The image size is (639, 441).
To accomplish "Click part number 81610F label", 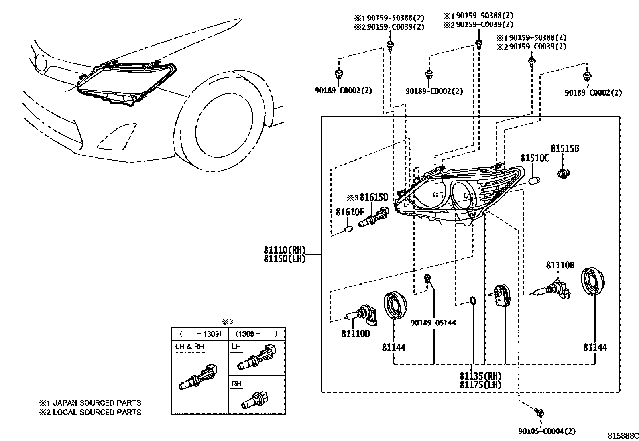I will [350, 212].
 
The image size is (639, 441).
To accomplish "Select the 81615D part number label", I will [374, 197].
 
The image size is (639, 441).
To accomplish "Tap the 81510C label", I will [535, 158].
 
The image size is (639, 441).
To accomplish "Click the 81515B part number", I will [565, 148].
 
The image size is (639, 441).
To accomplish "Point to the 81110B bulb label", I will [560, 265].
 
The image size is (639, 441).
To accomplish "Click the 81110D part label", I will [356, 333].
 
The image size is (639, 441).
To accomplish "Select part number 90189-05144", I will [433, 323].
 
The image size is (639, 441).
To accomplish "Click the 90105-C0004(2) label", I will [547, 431].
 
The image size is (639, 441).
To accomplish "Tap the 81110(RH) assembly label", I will [285, 250].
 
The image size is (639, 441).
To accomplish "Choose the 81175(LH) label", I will [480, 385].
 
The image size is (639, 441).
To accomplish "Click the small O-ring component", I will [473, 300].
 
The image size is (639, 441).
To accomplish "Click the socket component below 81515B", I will [564, 174].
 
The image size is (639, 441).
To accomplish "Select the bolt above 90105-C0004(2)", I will [540, 412].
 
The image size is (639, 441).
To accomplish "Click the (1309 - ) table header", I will [256, 333].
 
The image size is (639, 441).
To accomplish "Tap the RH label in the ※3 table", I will [236, 384].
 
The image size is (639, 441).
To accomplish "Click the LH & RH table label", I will [189, 347].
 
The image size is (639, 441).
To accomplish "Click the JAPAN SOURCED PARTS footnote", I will [90, 403].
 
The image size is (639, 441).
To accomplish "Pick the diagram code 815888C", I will [623, 436].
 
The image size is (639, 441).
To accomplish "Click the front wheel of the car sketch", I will [225, 120].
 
